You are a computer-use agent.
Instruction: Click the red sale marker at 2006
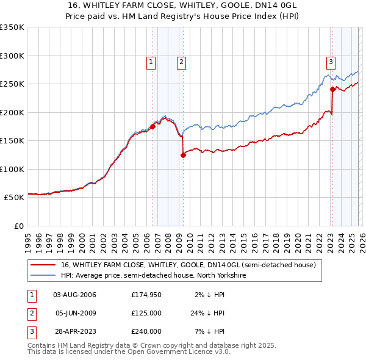(152, 127)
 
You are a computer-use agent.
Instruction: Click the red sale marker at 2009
(183, 155)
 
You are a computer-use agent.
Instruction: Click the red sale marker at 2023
(332, 89)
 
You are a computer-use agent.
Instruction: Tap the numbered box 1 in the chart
(151, 61)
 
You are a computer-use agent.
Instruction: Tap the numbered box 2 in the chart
(182, 61)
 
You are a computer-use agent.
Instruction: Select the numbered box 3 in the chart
(331, 61)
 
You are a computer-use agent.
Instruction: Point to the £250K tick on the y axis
(12, 84)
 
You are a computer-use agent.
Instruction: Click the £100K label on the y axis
(12, 169)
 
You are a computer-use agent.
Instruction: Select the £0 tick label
(18, 226)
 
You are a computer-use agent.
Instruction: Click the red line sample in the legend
(43, 265)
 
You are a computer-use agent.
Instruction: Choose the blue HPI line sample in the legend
(43, 276)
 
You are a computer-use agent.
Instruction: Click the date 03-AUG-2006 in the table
(74, 295)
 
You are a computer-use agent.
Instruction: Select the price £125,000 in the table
(146, 313)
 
